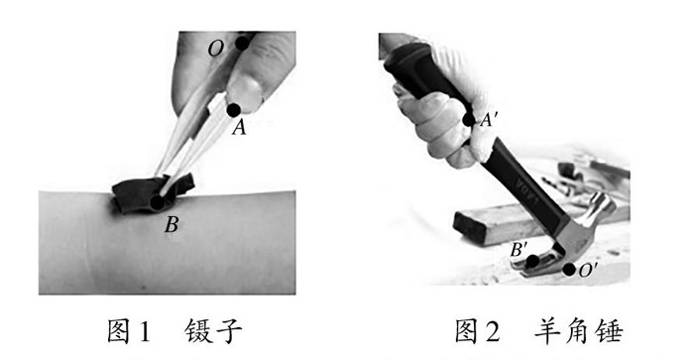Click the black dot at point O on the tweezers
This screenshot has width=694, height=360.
(x=242, y=43)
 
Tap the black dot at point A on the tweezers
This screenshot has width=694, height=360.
(x=233, y=110)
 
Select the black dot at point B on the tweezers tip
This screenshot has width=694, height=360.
(x=157, y=202)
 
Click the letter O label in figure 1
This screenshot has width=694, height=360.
(x=216, y=50)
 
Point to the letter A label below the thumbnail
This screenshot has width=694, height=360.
(x=239, y=128)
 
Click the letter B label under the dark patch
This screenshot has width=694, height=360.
(x=172, y=225)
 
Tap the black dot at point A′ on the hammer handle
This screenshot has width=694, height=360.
(x=468, y=120)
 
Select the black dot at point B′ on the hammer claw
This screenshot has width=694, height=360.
(x=532, y=261)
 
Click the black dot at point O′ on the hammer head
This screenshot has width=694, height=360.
(x=569, y=269)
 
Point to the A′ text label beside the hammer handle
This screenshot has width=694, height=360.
(x=489, y=120)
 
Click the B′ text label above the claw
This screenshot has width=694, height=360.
(x=519, y=250)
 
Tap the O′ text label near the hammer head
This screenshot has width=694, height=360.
(x=588, y=270)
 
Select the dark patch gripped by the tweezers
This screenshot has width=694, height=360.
(x=153, y=192)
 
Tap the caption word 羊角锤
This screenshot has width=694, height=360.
(x=578, y=330)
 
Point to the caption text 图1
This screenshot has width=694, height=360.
(x=129, y=330)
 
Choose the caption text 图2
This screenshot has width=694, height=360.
(x=478, y=330)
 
